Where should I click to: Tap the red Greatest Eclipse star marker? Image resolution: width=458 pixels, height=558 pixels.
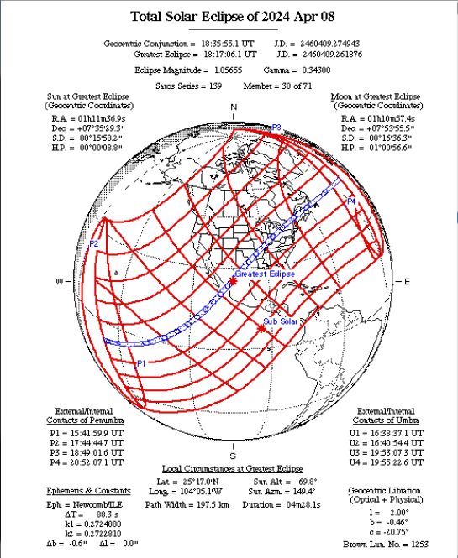233,281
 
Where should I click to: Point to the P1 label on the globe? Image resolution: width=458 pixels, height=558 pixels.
142,363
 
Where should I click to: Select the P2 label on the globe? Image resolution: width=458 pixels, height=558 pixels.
94,243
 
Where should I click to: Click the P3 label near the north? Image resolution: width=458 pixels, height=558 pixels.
276,128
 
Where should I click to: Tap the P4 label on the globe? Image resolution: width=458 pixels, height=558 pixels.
351,201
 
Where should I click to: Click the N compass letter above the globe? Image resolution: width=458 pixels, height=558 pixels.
234,107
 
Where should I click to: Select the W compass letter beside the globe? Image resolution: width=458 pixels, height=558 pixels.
60,281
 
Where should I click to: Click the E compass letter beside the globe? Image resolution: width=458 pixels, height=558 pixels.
408,281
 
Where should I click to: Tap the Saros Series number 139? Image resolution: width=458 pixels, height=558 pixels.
219,86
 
